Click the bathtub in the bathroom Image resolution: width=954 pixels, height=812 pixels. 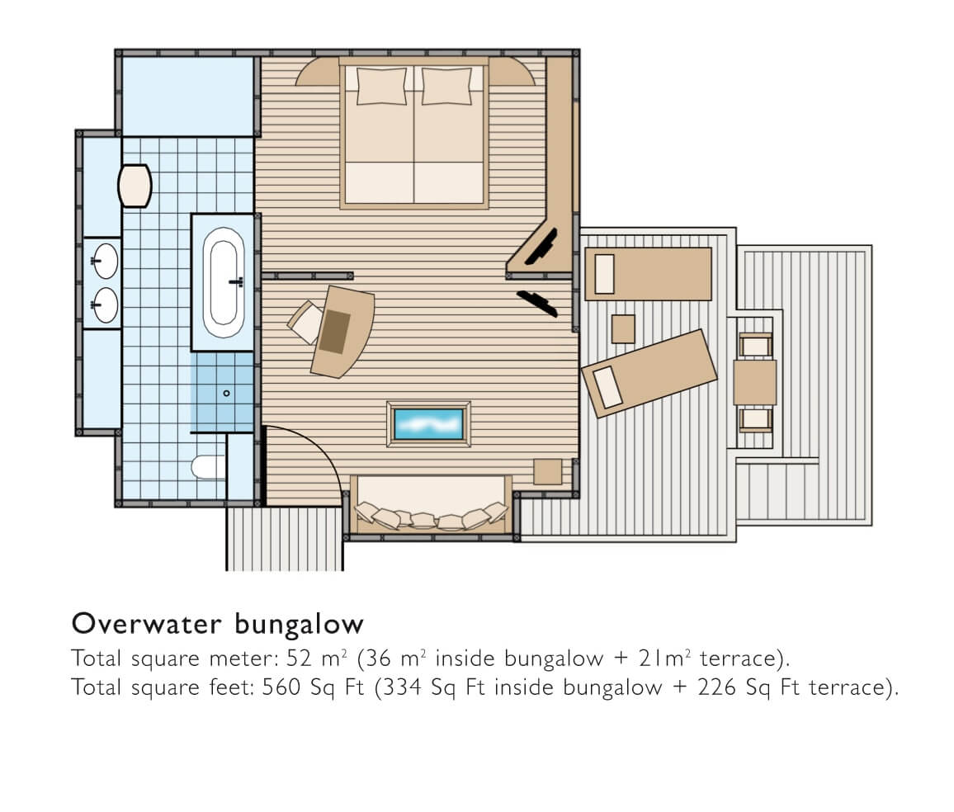[x=224, y=282]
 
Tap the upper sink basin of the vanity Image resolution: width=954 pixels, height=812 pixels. [x=106, y=260]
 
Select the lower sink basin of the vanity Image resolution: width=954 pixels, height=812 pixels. [x=106, y=304]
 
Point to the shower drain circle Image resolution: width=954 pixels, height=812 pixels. [x=226, y=394]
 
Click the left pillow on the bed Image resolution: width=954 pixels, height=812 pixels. [x=381, y=86]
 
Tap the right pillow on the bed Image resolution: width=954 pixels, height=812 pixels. [x=446, y=86]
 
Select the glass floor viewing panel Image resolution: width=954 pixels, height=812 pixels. [x=429, y=424]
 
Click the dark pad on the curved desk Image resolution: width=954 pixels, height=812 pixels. [x=334, y=332]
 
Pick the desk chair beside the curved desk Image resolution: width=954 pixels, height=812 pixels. [x=305, y=322]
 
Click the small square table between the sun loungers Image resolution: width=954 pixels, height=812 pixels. [x=623, y=329]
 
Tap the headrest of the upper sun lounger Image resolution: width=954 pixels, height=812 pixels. [x=604, y=274]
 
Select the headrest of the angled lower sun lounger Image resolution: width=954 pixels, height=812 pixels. [x=608, y=387]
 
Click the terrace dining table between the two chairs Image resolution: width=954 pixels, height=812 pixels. [x=755, y=383]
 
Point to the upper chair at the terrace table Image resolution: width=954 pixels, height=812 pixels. [x=756, y=346]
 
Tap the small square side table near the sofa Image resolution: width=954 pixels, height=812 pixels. [x=548, y=471]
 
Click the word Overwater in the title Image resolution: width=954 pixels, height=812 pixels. [x=147, y=624]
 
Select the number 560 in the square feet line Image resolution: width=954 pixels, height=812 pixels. [x=281, y=687]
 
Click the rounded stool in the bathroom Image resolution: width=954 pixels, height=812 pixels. [x=135, y=186]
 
